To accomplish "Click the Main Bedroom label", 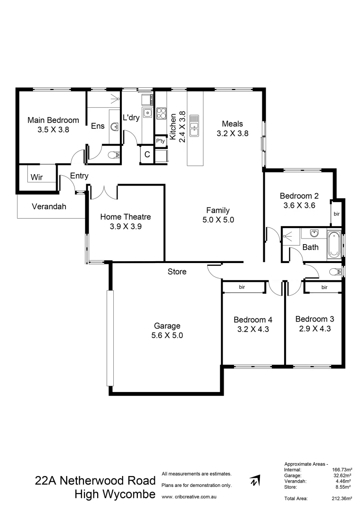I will pos(53,120).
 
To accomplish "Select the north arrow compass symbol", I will pos(255,481).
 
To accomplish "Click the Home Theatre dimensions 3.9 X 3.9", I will pos(126,226).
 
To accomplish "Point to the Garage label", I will pos(167,326).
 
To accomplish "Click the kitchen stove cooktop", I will pos(161,113).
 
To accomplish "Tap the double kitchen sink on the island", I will pos(194,127).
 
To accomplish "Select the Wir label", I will pos(37,177).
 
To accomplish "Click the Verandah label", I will pos(49,206).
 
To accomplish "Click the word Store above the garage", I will pos(177,272).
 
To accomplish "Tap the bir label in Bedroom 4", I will pos(242,287).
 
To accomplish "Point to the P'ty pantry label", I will pos(160,141).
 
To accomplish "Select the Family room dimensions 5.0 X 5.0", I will pos(218,220).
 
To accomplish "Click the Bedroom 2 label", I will pos(299,196).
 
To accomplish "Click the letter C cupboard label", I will pos(147,154).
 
